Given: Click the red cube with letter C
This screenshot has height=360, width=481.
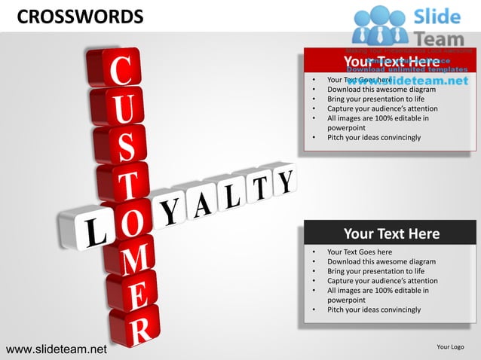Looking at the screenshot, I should click(120, 72).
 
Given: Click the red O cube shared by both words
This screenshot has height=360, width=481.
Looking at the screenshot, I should click(129, 224).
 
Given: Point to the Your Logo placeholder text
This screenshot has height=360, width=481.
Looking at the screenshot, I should click(450, 346).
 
